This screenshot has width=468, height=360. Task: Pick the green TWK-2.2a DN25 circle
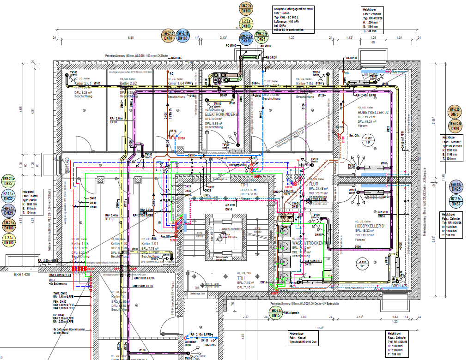pos(262,36)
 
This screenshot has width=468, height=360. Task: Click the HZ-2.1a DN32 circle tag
pos(8,196)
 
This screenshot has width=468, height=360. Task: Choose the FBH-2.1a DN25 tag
pos(8,211)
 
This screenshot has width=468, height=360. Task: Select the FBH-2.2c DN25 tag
pos(456,186)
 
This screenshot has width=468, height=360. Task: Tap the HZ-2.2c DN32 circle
pos(456,201)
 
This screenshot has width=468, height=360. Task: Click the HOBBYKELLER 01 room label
pos(370,227)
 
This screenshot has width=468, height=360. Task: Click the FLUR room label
pos(315,183)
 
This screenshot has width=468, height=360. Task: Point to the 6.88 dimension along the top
pos(131,37)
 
